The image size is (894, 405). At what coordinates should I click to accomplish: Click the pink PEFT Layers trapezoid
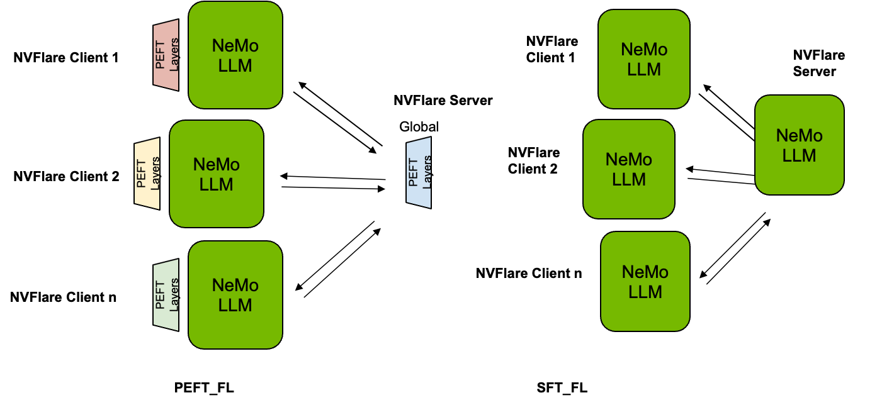pos(166,55)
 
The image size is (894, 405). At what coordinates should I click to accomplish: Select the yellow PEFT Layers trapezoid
pos(147,174)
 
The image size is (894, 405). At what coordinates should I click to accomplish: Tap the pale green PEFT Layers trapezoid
pos(166,295)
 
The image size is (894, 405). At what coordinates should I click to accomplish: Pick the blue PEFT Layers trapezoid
pos(419,172)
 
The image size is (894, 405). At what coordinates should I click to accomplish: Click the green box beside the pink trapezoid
pos(235,55)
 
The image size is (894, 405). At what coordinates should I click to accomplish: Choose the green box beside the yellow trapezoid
pos(217,174)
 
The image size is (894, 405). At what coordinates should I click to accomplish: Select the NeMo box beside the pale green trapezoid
pos(235,294)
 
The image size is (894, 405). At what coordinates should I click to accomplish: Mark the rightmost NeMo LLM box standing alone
pos(800,145)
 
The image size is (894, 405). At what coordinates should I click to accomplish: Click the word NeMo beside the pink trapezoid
pos(235,46)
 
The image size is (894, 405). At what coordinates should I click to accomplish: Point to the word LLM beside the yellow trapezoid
pos(217,185)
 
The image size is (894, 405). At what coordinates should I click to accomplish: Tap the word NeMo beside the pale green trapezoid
pos(235,285)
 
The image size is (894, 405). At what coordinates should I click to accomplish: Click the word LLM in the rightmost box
pos(800,155)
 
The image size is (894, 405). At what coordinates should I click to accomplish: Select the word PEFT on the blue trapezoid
pos(413,172)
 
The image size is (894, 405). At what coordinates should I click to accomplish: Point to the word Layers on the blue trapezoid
pos(427,173)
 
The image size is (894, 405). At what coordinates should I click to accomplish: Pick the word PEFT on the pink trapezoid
pos(160,55)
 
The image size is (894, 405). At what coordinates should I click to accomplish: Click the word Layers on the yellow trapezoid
pos(155,174)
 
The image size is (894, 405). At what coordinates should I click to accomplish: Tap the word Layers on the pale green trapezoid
pos(174,295)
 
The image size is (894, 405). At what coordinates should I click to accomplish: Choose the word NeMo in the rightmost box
pos(800,135)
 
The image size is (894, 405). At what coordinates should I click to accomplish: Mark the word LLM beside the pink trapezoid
pos(235,65)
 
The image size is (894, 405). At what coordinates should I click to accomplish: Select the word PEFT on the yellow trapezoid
pos(141,174)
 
